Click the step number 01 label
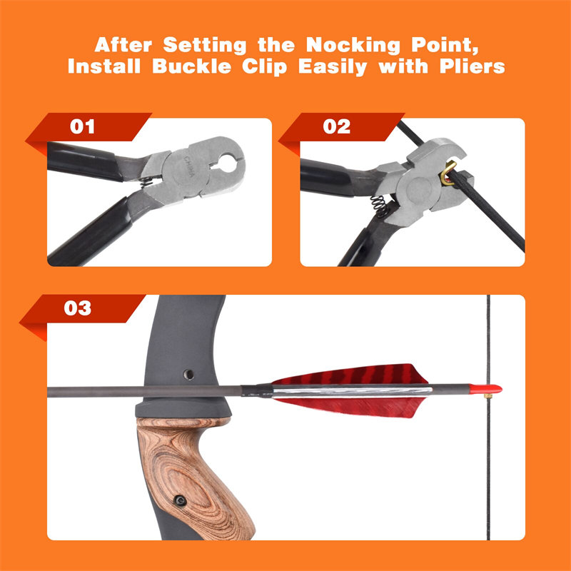[83, 127]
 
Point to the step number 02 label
[336, 127]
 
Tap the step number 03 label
[78, 308]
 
